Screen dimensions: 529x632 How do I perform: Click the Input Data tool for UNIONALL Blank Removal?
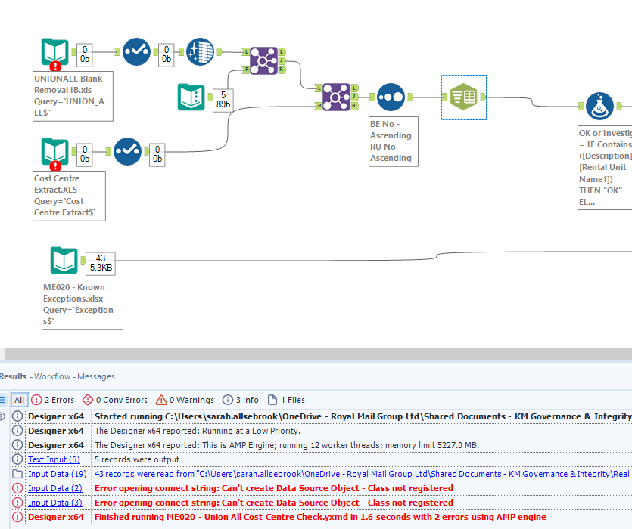coord(54,52)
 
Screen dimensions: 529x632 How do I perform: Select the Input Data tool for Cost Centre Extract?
coord(54,152)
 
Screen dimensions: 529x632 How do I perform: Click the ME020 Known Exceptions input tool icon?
coord(64,261)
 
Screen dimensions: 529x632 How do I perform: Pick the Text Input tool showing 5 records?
coord(191,96)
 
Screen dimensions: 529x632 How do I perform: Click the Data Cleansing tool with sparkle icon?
coord(200,52)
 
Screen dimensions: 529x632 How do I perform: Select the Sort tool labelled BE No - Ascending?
coord(390,97)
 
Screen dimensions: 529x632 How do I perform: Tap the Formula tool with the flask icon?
coord(599,107)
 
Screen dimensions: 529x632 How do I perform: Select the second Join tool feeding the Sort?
coord(336,97)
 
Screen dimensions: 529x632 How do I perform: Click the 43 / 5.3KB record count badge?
coord(100,261)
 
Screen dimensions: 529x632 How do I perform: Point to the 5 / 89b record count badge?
coord(223,99)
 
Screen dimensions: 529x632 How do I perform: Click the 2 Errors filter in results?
coord(53,400)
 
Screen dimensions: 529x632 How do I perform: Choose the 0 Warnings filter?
coord(185,400)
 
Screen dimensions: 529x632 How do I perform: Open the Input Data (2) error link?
coord(55,488)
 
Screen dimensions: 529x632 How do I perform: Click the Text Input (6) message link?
coord(54,459)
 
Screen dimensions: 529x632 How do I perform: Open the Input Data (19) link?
coord(58,474)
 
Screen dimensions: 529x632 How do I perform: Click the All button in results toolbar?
coord(20,400)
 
